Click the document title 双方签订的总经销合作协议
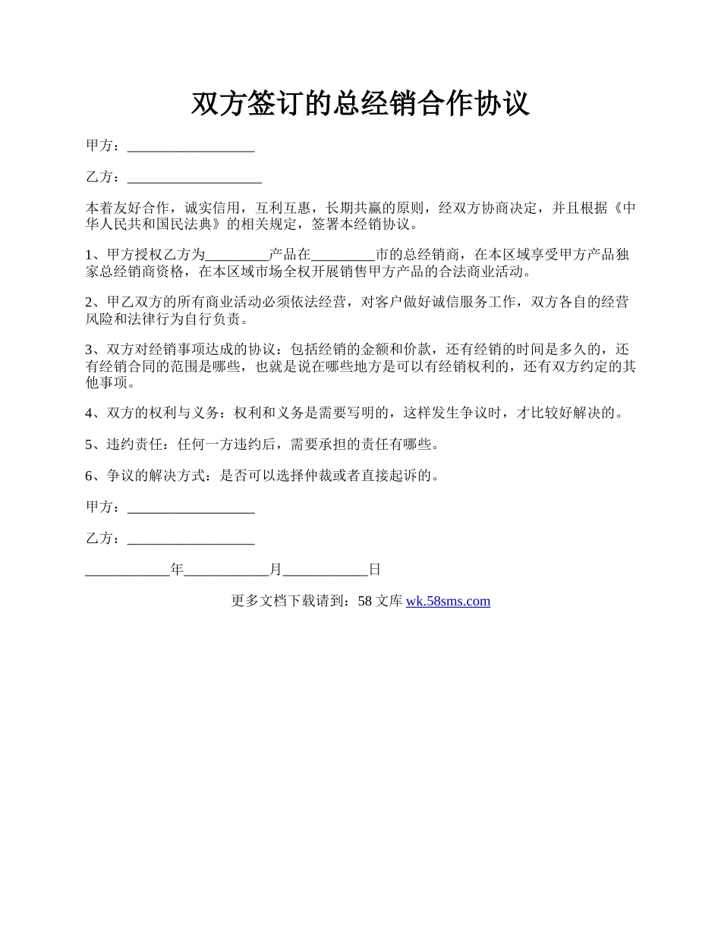click(360, 104)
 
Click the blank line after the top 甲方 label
click(190, 146)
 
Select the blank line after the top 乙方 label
click(194, 177)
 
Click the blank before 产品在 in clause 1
click(237, 256)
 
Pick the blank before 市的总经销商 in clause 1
click(343, 256)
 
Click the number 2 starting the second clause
click(90, 303)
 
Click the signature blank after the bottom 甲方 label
click(190, 507)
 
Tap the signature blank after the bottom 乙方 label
click(190, 539)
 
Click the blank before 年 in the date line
click(128, 570)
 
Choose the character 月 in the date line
click(275, 570)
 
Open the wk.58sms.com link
click(448, 602)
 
